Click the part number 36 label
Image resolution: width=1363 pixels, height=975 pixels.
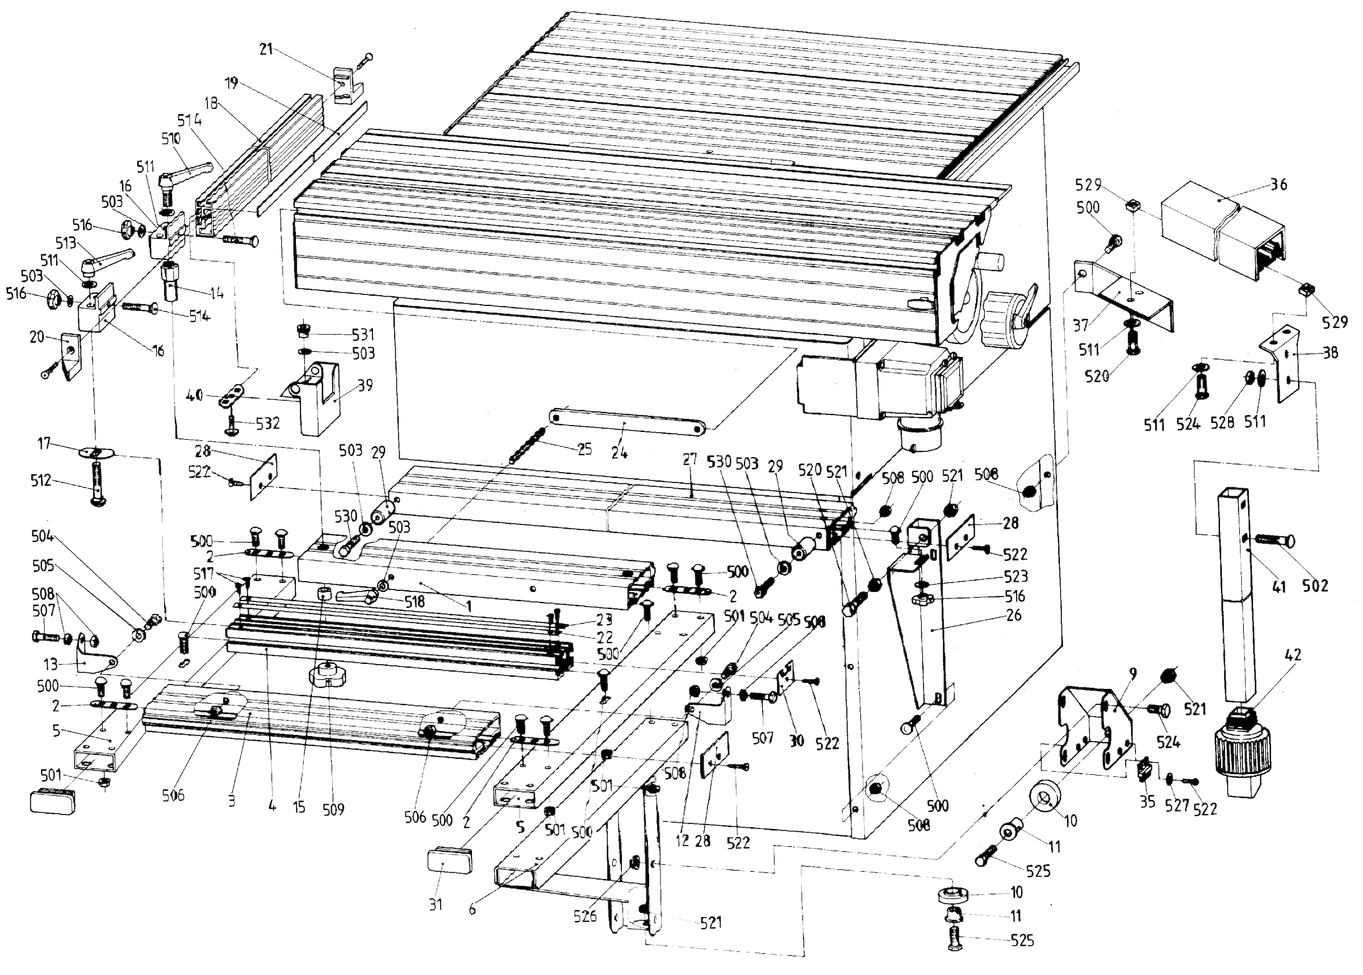point(1278,184)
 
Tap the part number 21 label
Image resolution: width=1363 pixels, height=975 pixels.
point(266,49)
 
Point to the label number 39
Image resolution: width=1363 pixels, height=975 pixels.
point(365,385)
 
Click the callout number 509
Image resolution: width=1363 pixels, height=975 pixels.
point(333,809)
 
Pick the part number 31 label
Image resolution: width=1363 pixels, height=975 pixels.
point(436,903)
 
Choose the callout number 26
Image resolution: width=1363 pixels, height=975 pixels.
point(1013,615)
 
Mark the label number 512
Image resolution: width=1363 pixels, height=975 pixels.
point(41,480)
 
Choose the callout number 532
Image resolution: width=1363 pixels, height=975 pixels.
point(267,423)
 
